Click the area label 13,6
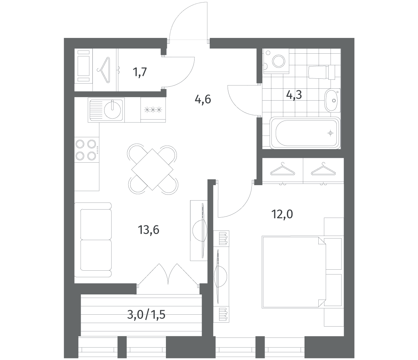pyautogui.click(x=149, y=230)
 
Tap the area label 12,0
pyautogui.click(x=282, y=214)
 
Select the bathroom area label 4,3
pyautogui.click(x=294, y=94)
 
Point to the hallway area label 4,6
pyautogui.click(x=203, y=99)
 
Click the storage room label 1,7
pyautogui.click(x=140, y=72)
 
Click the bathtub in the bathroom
pyautogui.click(x=305, y=133)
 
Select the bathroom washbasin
pyautogui.click(x=332, y=100)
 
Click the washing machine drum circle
pyautogui.click(x=279, y=61)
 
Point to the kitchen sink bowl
pyautogui.click(x=113, y=110)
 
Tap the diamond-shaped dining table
pyautogui.click(x=152, y=169)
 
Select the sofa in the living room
pyautogui.click(x=93, y=240)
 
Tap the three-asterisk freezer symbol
pyautogui.click(x=153, y=110)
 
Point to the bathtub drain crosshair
pyautogui.click(x=330, y=133)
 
